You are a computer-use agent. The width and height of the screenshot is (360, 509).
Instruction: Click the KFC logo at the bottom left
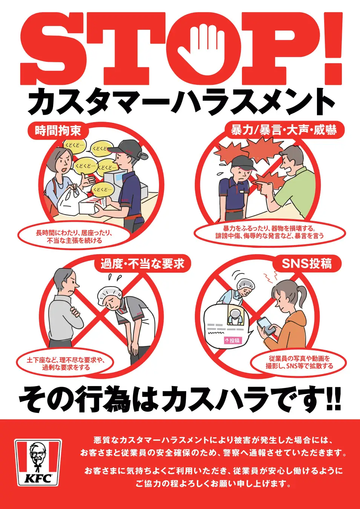click(38, 462)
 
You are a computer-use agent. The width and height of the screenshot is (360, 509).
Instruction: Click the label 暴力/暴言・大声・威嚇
click(283, 130)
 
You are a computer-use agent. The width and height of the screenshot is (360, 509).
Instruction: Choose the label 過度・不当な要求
click(142, 264)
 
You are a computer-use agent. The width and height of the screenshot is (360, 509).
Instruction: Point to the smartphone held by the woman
click(267, 327)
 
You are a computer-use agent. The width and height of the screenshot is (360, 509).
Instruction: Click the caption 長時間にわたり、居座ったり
click(74, 233)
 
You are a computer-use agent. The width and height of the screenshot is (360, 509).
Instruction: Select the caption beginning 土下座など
click(65, 363)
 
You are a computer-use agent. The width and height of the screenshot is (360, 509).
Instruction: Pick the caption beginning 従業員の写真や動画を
click(299, 362)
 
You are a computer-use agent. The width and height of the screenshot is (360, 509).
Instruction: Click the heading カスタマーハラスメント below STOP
click(180, 102)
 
